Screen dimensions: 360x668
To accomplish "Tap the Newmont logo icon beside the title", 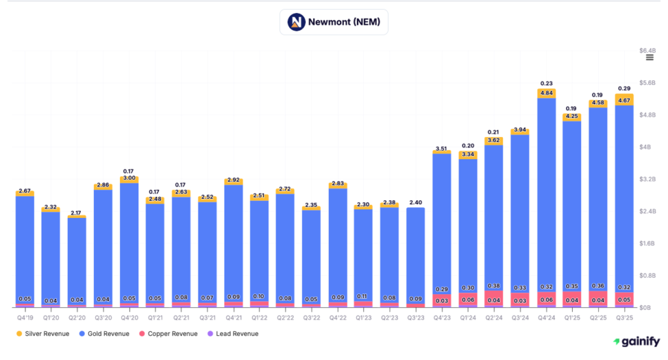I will tap(297, 22).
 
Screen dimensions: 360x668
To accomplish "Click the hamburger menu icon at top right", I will tap(650, 57).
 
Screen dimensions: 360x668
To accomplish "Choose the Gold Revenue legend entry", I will tap(104, 333).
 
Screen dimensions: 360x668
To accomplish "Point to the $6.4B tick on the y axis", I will tap(647, 50).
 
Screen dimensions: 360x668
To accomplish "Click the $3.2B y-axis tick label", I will tap(647, 179).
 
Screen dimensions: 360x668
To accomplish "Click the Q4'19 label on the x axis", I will tap(25, 318).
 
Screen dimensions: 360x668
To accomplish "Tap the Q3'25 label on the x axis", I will tap(624, 318).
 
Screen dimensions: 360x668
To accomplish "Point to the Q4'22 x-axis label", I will tap(338, 318).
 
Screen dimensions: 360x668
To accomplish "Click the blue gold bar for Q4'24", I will tap(547, 196).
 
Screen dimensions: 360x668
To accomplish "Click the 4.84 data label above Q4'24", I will tap(547, 93).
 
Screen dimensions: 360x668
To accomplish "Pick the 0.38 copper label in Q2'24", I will tap(494, 286).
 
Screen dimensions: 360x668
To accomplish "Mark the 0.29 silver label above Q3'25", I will tap(624, 88).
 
